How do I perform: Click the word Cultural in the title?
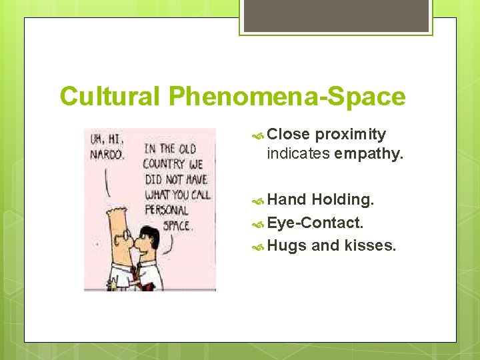pos(110,97)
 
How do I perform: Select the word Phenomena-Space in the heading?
pos(287,97)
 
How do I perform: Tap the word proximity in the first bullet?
pos(350,135)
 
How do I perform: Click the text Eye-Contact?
pos(315,222)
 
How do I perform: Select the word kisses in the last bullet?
pos(370,245)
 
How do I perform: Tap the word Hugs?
pos(287,245)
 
